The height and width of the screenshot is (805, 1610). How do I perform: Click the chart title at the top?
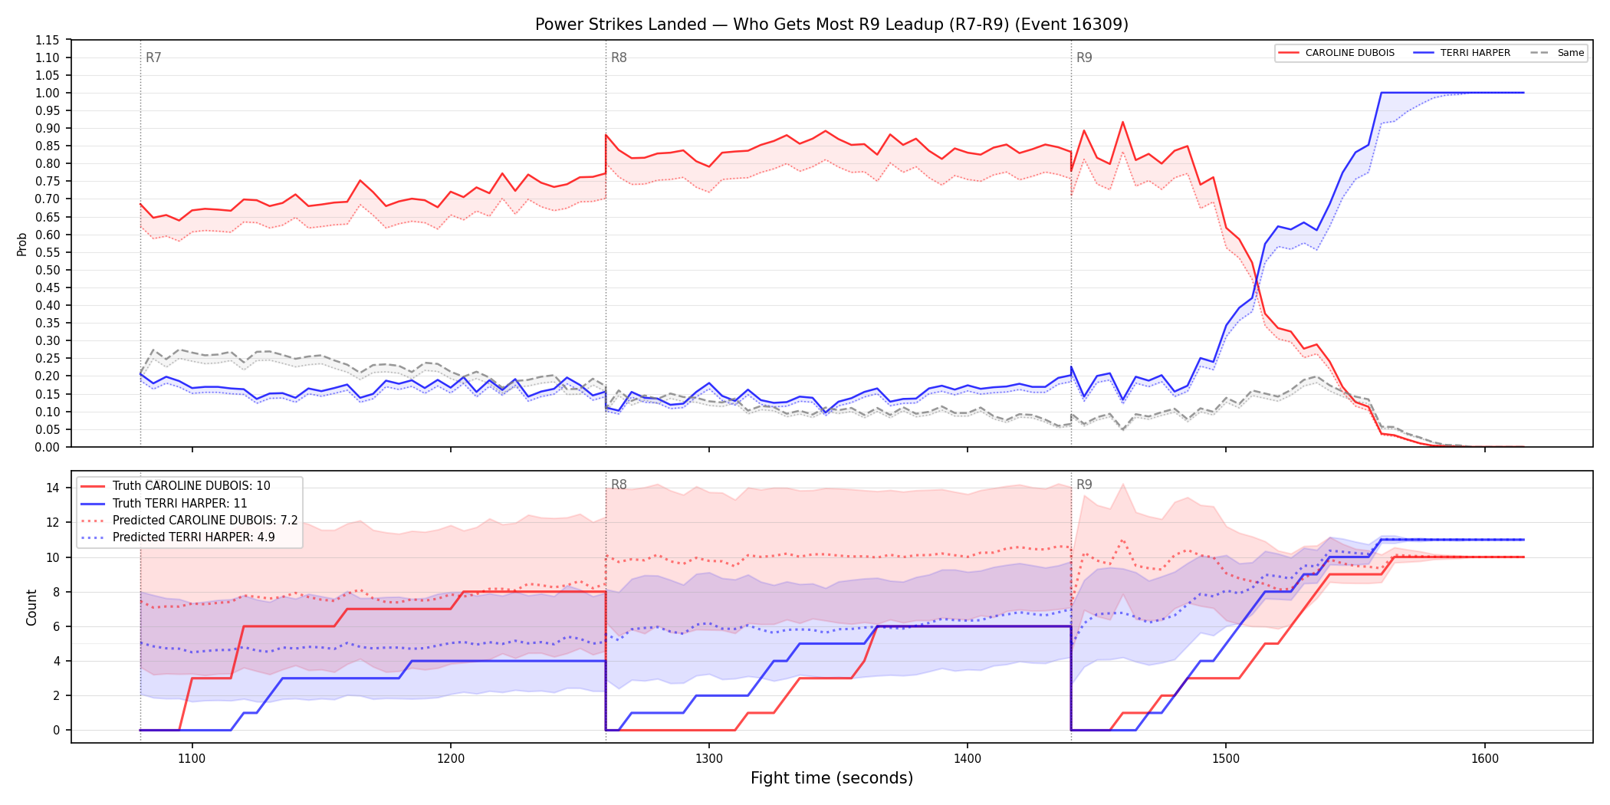point(831,25)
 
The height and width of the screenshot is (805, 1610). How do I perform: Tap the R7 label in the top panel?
point(153,58)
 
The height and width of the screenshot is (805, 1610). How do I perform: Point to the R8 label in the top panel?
point(619,58)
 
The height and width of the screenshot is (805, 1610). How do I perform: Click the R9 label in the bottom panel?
point(1084,485)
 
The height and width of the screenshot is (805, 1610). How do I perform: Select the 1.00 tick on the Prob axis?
point(48,93)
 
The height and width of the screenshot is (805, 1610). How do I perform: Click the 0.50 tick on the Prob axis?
point(48,270)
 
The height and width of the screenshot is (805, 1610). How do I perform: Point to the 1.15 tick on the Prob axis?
point(48,40)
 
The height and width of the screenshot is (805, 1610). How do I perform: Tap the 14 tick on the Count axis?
point(53,488)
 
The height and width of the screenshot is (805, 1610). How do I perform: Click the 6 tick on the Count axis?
point(56,626)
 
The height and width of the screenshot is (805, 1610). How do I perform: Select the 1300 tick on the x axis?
point(708,758)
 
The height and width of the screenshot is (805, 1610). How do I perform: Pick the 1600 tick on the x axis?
point(1484,758)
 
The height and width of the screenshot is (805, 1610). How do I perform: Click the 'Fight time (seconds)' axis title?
point(832,778)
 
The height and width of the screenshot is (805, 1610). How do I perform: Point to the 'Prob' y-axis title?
point(22,244)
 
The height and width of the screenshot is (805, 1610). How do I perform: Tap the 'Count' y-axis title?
point(31,607)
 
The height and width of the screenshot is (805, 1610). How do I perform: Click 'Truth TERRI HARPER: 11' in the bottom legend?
point(179,503)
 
